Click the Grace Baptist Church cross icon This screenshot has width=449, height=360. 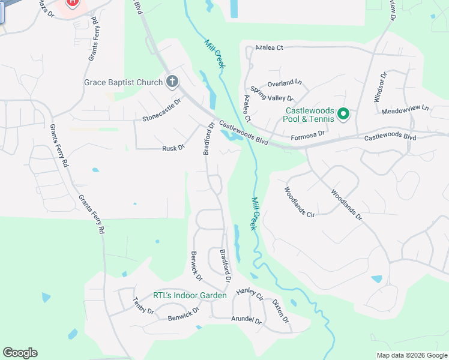click(x=172, y=82)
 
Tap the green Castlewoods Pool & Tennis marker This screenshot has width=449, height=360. click(x=343, y=113)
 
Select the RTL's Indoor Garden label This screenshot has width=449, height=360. click(x=190, y=295)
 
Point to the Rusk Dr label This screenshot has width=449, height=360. click(x=173, y=148)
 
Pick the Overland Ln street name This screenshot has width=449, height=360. click(x=285, y=82)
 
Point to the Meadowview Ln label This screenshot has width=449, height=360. click(x=406, y=109)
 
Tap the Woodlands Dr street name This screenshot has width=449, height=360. click(x=346, y=205)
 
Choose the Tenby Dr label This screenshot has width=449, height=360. click(x=143, y=307)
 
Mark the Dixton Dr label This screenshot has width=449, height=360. click(x=280, y=310)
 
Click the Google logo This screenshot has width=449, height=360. click(x=20, y=353)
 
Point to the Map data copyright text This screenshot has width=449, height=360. click(x=411, y=355)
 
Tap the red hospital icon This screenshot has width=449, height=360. click(x=73, y=2)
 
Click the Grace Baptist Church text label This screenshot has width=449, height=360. click(x=123, y=82)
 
